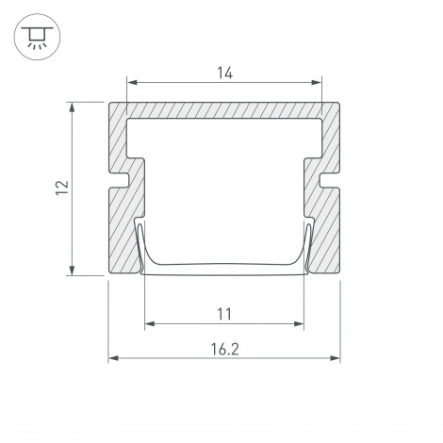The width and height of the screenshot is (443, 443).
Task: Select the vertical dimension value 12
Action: pyautogui.click(x=59, y=188)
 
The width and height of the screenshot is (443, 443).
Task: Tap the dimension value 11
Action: pyautogui.click(x=223, y=313)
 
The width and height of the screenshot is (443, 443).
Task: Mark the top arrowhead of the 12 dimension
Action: pyautogui.click(x=73, y=107)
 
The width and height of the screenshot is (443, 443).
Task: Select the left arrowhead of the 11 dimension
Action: pyautogui.click(x=149, y=325)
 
